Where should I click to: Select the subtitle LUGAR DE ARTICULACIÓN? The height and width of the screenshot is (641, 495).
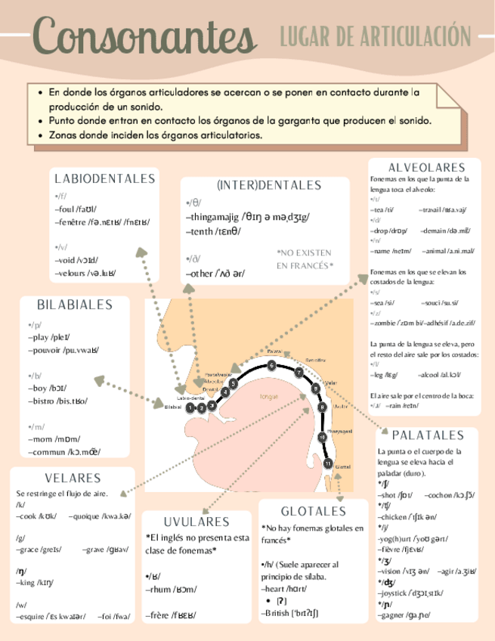[x=375, y=35]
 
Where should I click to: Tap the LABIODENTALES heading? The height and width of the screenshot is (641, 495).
[x=105, y=178]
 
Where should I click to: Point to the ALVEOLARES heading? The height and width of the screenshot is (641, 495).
[x=426, y=167]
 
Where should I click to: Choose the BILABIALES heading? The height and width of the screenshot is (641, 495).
[x=75, y=305]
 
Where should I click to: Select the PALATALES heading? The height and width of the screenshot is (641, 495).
[x=428, y=435]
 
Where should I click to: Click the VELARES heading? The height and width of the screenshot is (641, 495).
[x=73, y=478]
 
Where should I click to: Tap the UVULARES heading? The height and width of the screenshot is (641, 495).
[x=196, y=522]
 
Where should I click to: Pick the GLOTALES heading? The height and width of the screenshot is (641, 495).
[x=313, y=511]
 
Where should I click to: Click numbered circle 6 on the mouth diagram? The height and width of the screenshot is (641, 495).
[x=271, y=366]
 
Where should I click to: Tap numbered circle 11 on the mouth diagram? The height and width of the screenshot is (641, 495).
[x=328, y=463]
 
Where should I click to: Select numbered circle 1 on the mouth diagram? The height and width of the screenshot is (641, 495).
[x=190, y=407]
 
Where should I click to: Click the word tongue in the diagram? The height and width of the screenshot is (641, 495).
[x=268, y=395]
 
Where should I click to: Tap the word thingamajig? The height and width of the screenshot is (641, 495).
[x=214, y=217]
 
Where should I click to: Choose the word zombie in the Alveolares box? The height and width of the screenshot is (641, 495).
[x=388, y=323]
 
